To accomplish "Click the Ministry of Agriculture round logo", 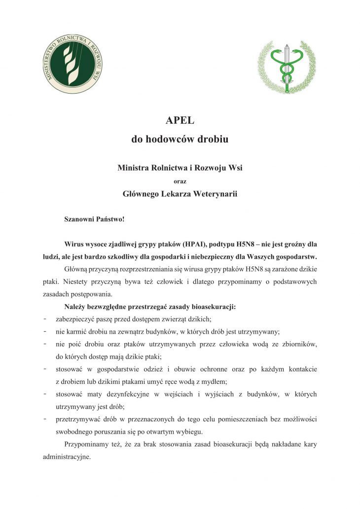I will point(74,64).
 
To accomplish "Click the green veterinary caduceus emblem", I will point(287,67).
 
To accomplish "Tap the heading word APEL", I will point(180,121).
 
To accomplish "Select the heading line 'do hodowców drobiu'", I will point(180,139).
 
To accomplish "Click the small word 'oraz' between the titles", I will point(180,181).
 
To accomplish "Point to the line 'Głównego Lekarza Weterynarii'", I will point(180,194).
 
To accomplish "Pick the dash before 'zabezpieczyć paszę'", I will point(45,319).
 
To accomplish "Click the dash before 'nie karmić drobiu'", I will point(45,332).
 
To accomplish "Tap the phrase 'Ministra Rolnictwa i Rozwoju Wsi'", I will point(180,168).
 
